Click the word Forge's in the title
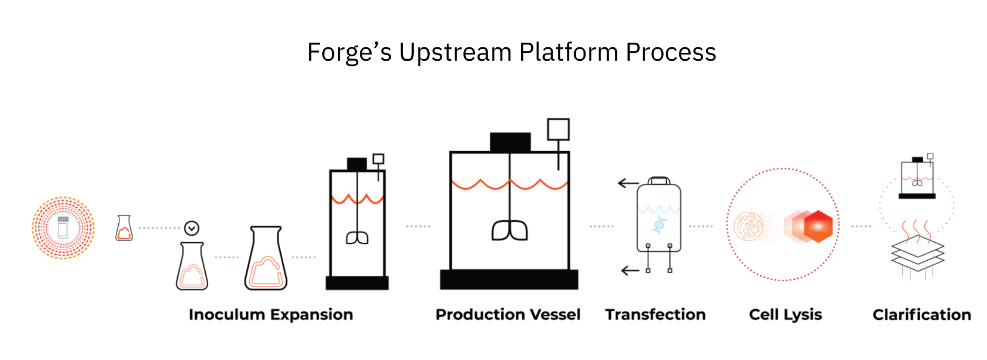pos(349,52)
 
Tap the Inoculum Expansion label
pos(271,314)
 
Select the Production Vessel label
pos(508,314)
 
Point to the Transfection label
pos(655,314)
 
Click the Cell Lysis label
pos(785,314)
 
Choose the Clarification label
pos(922,314)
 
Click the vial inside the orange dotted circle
pos(63,227)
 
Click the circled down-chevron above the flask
pos(192,228)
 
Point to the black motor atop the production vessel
pos(510,142)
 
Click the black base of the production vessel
pos(509,279)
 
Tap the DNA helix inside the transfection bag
pos(659,225)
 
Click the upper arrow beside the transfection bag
pos(628,183)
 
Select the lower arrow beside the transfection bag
pos(630,271)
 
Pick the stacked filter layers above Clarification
pos(918,252)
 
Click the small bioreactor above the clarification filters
pos(917,177)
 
